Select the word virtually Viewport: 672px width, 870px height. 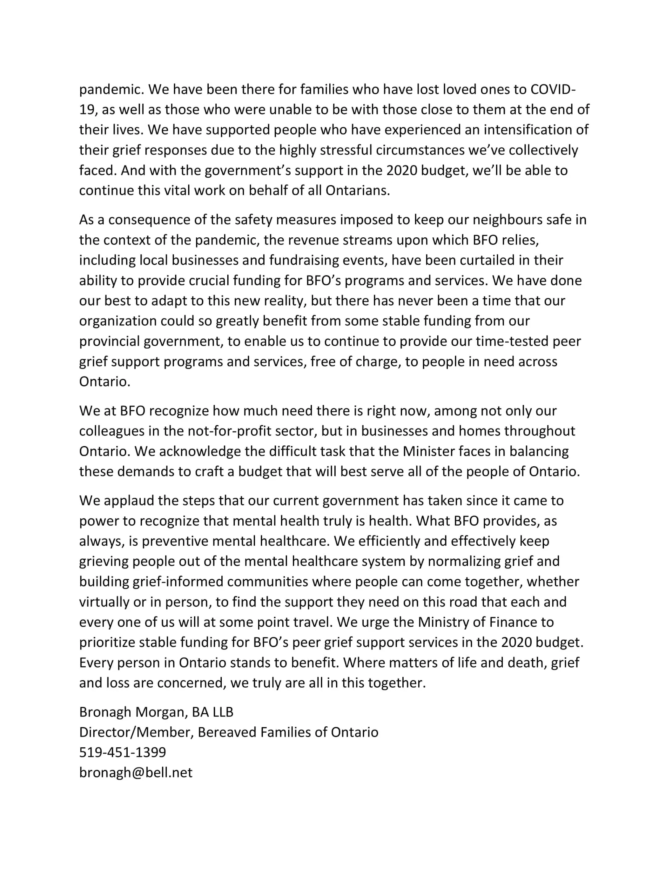click(x=104, y=602)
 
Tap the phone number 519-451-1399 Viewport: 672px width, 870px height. click(x=123, y=752)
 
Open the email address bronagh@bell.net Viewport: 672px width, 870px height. click(x=136, y=773)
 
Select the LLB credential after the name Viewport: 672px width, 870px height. click(x=220, y=712)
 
